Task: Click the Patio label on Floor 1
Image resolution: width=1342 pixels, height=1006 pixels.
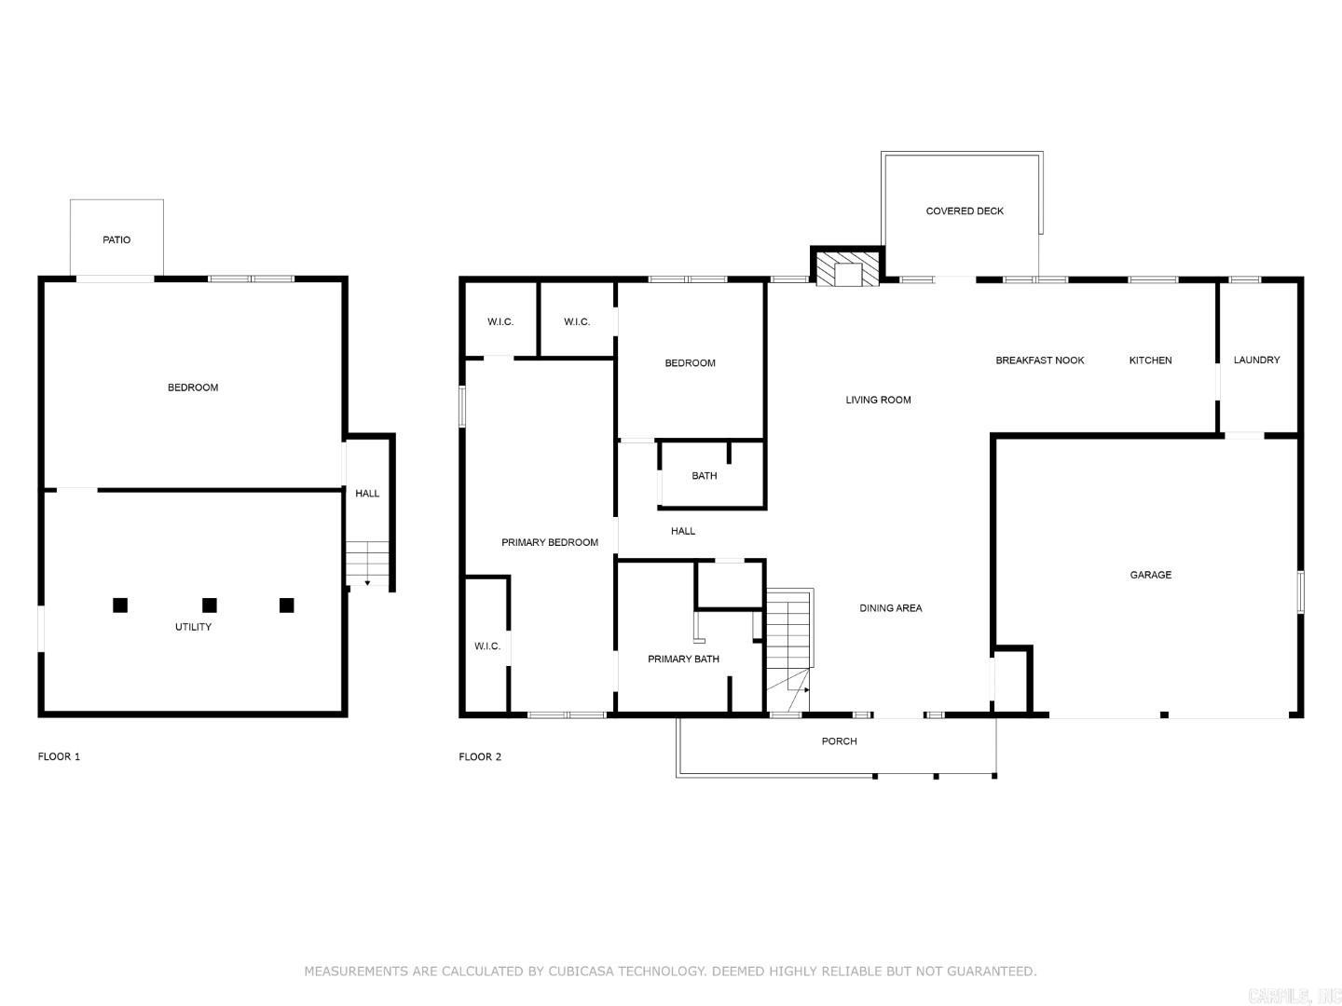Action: click(116, 240)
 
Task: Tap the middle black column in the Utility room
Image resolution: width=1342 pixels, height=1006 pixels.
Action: click(210, 605)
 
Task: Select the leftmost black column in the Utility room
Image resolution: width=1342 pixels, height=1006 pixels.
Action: click(120, 605)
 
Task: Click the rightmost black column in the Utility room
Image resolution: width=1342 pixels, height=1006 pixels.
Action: click(287, 605)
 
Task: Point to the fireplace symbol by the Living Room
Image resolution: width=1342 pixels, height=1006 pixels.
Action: click(848, 268)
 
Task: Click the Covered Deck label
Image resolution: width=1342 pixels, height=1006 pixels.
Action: click(965, 211)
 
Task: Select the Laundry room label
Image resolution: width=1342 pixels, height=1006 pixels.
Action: click(1256, 360)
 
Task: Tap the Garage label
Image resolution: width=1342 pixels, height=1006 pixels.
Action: click(1150, 576)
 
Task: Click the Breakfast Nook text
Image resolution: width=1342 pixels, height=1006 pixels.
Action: click(1039, 360)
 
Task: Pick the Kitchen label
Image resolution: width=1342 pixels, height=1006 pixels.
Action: click(1150, 360)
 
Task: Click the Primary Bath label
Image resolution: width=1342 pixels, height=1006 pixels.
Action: click(683, 659)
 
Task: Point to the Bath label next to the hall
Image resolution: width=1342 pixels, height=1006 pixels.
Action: click(704, 476)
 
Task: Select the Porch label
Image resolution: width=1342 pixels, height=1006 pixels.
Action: click(839, 741)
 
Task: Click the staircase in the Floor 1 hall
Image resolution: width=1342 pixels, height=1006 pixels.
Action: click(367, 563)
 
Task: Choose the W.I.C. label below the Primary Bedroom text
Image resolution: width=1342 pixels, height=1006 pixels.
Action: click(486, 646)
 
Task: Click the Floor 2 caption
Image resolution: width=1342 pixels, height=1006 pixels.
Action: click(480, 757)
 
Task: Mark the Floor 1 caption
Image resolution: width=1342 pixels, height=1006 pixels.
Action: click(59, 757)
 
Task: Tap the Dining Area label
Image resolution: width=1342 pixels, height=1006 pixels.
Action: click(890, 608)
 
